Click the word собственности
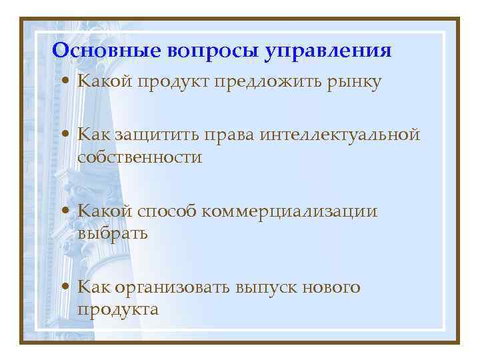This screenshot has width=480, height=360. coord(139,157)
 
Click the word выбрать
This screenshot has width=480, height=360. coord(113,234)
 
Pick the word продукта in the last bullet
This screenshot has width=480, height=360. coord(118,311)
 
